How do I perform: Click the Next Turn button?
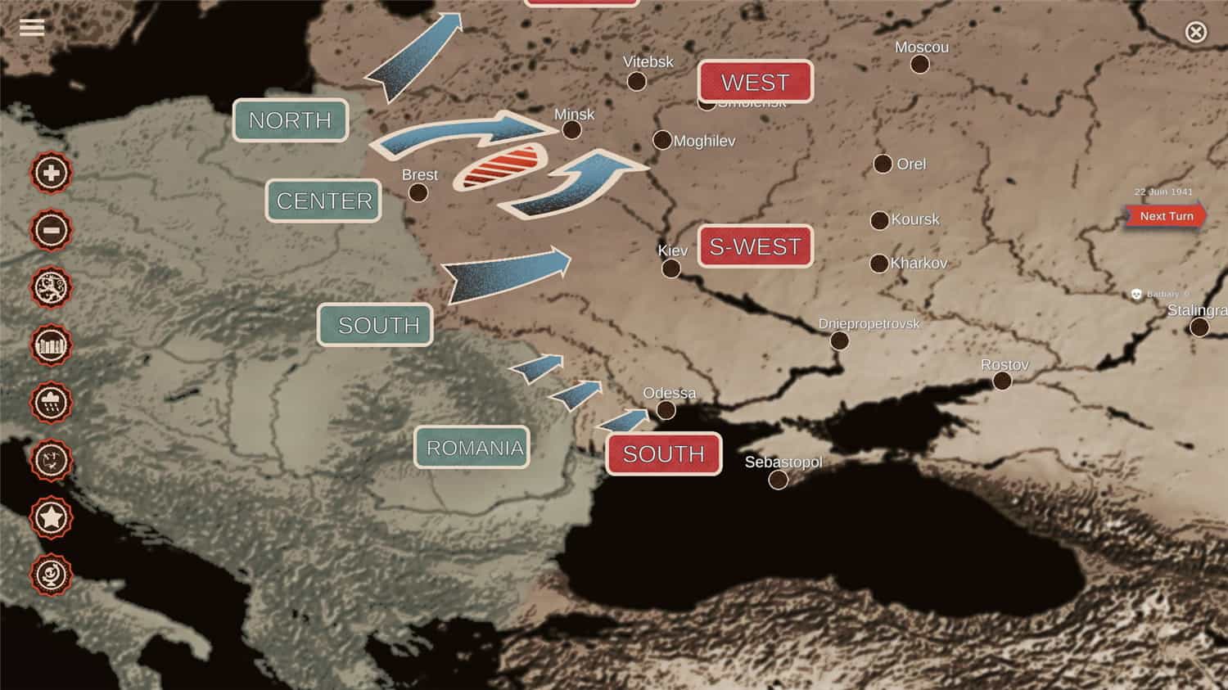click(x=1166, y=216)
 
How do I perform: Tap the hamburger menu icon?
click(x=32, y=28)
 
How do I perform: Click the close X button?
click(x=1195, y=32)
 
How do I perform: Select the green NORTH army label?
click(x=290, y=120)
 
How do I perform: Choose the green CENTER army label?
click(x=324, y=201)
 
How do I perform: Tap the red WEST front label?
click(x=755, y=82)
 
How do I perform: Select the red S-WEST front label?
click(x=755, y=246)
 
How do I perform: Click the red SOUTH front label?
click(x=663, y=453)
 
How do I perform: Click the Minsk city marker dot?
click(x=572, y=130)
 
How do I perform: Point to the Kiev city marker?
click(x=671, y=268)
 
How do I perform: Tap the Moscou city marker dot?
click(x=920, y=65)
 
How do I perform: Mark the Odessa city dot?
click(x=666, y=410)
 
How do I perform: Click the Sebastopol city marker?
click(x=779, y=480)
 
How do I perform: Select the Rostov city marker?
click(x=1002, y=381)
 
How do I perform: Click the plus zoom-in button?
click(x=51, y=173)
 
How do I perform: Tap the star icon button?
click(x=51, y=517)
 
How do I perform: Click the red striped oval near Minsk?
click(x=500, y=165)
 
